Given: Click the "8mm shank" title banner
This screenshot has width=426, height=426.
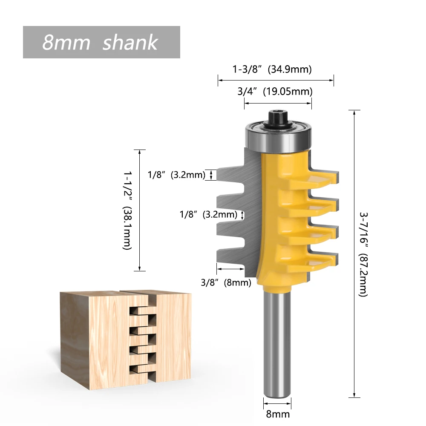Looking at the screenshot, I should click(x=101, y=42).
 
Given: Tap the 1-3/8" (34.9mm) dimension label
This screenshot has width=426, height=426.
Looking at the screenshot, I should click(x=272, y=69).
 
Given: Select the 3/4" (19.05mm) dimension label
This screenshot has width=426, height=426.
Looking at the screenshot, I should click(x=278, y=91).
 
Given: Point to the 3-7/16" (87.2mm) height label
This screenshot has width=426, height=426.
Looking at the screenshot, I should click(x=363, y=254).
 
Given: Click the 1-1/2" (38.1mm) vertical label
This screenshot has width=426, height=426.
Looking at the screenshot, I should click(x=127, y=210).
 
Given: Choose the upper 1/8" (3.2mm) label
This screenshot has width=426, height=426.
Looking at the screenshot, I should click(x=176, y=175).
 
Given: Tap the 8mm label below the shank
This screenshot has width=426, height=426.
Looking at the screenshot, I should click(x=277, y=414).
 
